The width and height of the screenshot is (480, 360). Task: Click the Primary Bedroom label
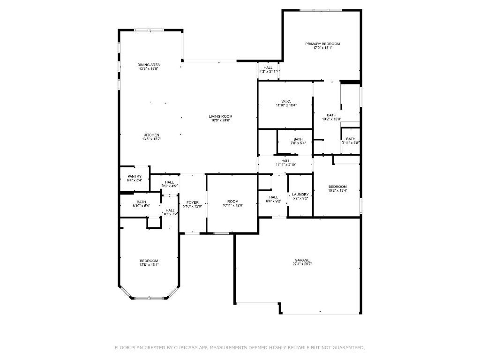[x=322, y=44]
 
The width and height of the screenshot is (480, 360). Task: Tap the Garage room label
[x=302, y=260]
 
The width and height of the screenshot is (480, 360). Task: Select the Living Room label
[x=220, y=116]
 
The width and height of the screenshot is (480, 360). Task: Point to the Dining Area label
[x=149, y=65]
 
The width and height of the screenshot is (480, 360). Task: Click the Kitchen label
[x=151, y=135]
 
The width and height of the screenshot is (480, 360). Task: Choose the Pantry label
[x=135, y=176]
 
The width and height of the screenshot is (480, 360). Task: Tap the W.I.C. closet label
[x=286, y=101]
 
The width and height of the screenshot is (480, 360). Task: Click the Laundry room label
[x=300, y=195]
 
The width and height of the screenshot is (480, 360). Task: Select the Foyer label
[x=193, y=202]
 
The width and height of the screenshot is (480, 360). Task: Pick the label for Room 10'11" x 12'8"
[x=233, y=202]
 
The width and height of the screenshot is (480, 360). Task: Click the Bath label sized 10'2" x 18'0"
[x=331, y=115]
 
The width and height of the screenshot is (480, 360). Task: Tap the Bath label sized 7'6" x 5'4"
[x=298, y=139]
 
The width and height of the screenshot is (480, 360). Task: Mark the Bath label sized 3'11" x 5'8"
[x=351, y=139]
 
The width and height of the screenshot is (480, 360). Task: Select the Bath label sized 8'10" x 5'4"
[x=128, y=202]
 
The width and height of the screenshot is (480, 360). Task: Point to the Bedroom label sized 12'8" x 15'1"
[x=149, y=261]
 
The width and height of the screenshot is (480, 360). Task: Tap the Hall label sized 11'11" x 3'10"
[x=285, y=161]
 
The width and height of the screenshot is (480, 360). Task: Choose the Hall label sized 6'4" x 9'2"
[x=273, y=197]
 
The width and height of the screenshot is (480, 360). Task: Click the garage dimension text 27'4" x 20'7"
[x=302, y=264]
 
